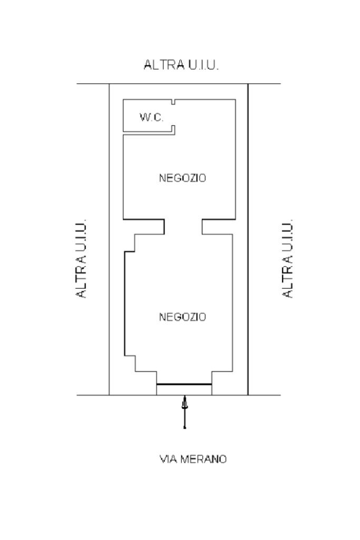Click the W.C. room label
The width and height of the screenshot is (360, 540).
pos(151,117)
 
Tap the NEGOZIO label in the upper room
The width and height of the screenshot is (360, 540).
pos(182,178)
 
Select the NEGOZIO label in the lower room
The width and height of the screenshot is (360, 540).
pos(182,317)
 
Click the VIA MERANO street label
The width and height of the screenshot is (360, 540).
pos(193,459)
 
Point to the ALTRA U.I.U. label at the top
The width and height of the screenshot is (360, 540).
pos(181,65)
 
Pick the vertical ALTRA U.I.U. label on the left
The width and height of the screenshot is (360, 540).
pos(82,258)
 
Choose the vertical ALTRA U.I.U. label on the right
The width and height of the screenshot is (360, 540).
pos(288,258)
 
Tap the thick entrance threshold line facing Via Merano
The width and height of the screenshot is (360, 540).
pos(184,384)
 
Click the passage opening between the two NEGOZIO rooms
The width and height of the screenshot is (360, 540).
pos(183,227)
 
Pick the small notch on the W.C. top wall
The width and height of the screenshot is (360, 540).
pos(173,102)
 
